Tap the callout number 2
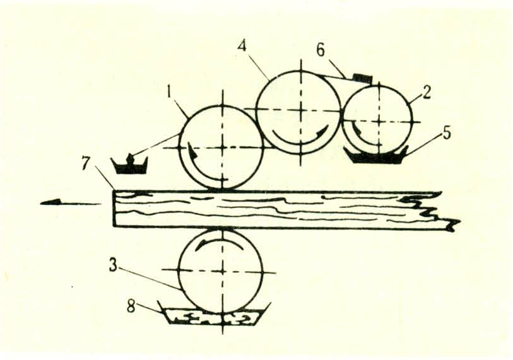click(x=426, y=93)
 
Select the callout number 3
click(x=113, y=265)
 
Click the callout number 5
click(x=447, y=134)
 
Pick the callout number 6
click(x=321, y=50)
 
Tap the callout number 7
click(x=86, y=163)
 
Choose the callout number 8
click(x=131, y=306)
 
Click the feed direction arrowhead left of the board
click(x=50, y=202)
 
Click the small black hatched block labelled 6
click(x=362, y=78)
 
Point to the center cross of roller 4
click(x=300, y=111)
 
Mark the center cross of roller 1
click(x=223, y=148)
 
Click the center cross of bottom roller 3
click(x=223, y=271)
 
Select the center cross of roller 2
click(x=379, y=121)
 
